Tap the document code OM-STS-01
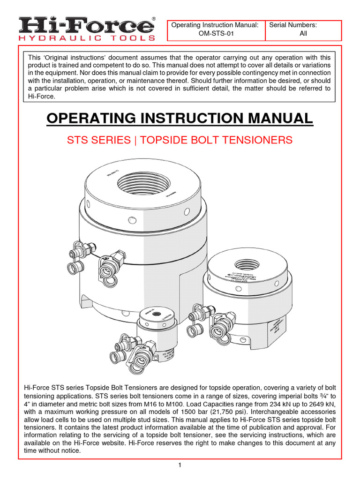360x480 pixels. tap(216, 34)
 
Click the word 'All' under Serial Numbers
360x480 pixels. tap(303, 34)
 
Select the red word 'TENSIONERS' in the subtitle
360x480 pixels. tap(257, 140)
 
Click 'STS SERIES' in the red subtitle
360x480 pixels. tap(99, 140)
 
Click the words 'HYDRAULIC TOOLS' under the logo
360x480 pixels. tap(87, 37)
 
